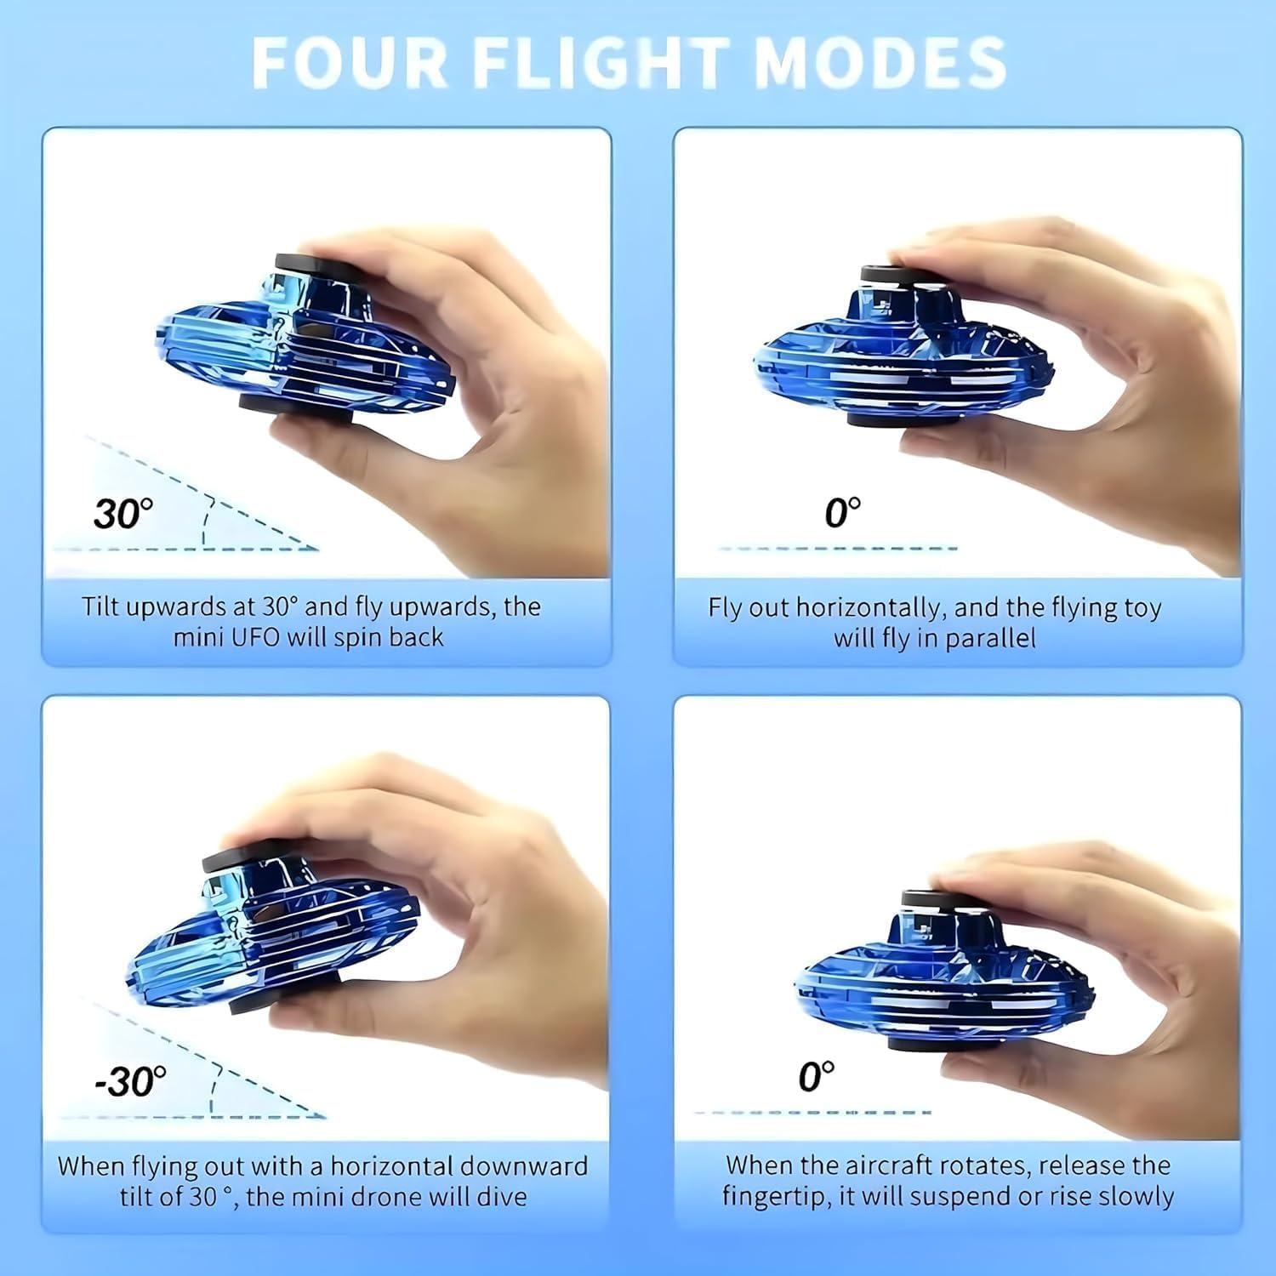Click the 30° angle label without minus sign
tap(123, 514)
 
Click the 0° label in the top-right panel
tap(842, 513)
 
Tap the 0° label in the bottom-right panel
tap(816, 1077)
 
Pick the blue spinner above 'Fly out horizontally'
tap(902, 353)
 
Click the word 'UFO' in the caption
tap(256, 637)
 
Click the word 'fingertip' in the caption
tap(776, 1197)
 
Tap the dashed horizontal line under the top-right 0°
tap(838, 549)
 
